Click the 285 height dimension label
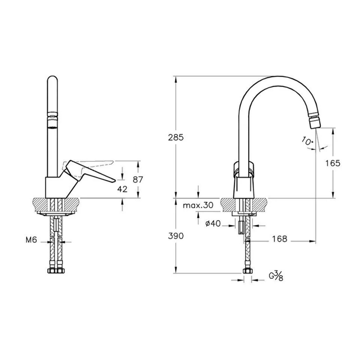[176, 137]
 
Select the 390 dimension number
[176, 236]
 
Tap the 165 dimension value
[333, 163]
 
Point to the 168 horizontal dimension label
[279, 239]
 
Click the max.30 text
[198, 205]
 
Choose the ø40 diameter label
[213, 223]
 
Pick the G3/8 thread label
[276, 276]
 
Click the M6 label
[31, 240]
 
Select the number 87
[138, 179]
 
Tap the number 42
[122, 189]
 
